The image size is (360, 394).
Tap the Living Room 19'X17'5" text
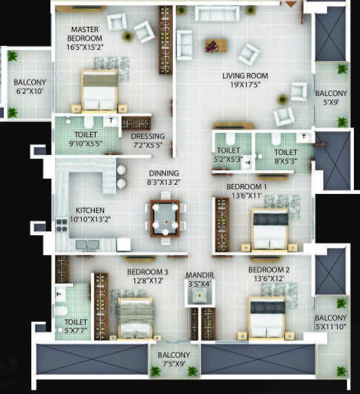[245, 80]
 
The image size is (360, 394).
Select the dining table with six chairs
[165, 218]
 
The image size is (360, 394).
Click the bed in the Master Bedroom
[99, 92]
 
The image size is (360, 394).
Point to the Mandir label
[199, 279]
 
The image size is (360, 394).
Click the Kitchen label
[90, 214]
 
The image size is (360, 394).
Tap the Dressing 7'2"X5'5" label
[148, 141]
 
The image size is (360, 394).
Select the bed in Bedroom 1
[270, 229]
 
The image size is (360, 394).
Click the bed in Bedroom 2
[267, 318]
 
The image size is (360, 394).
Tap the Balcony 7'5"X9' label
[174, 359]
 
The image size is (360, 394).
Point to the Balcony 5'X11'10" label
[331, 322]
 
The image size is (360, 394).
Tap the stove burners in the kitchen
[62, 226]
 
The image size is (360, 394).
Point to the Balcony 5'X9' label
[331, 98]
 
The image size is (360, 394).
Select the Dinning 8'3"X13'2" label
[164, 178]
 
